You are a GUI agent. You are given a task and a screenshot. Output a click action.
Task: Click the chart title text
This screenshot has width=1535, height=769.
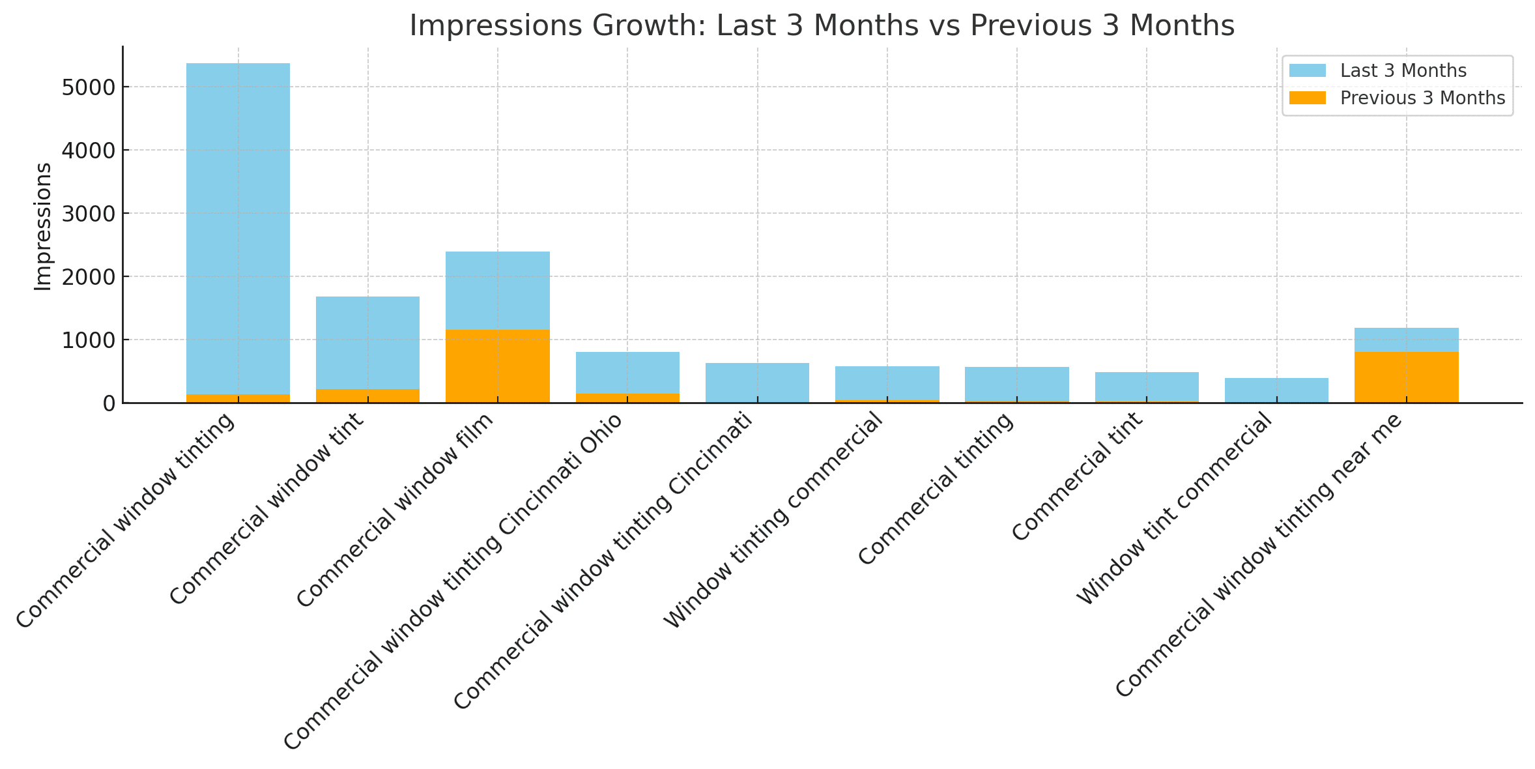point(822,26)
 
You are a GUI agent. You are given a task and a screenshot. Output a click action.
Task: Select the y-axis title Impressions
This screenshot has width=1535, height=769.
point(43,226)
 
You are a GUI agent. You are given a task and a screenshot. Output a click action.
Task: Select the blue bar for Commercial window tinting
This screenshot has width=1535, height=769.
point(238,228)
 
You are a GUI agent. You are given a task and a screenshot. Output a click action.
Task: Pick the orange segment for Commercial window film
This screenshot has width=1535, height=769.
point(497,366)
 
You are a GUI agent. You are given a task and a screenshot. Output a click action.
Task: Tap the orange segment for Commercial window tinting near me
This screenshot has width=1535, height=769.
point(1406,377)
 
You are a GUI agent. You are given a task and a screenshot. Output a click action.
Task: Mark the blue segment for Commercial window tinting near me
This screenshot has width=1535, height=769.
point(1406,340)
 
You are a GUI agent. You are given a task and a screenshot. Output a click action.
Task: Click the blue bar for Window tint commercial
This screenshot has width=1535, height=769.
point(1276,390)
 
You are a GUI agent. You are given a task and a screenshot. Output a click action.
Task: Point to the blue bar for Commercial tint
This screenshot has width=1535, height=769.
point(1147,386)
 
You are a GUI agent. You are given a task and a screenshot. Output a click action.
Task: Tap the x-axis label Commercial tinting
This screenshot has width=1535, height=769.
point(936,489)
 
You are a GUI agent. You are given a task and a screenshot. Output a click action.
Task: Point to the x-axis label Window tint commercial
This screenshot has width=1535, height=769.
point(1173,509)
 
